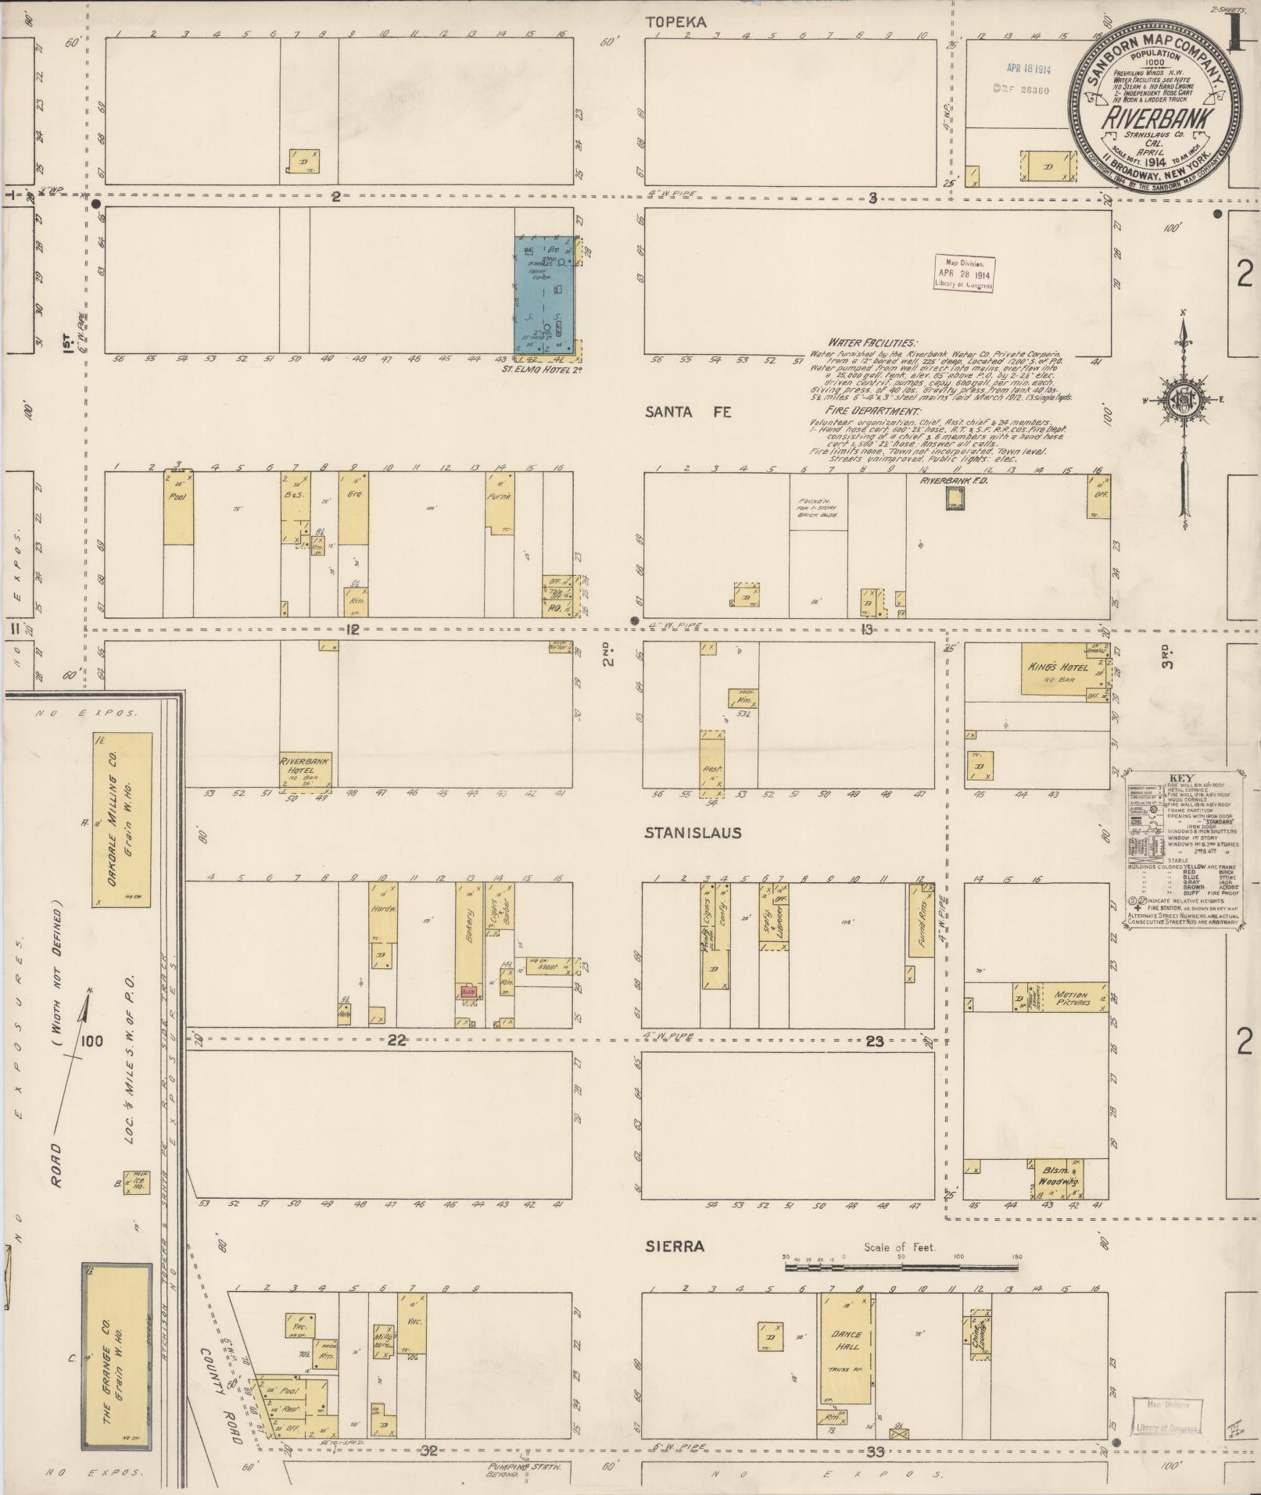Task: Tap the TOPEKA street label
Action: click(676, 23)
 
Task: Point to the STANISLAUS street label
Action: click(693, 833)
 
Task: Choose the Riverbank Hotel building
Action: click(306, 771)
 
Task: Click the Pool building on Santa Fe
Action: click(178, 508)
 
